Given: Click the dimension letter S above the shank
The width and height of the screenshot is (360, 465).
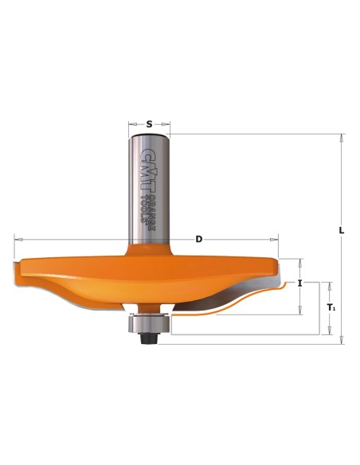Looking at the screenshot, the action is coord(150,124).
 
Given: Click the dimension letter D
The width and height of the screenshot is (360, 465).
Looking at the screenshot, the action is coord(198,239).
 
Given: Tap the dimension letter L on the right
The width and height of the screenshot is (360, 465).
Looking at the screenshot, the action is coord(342,230).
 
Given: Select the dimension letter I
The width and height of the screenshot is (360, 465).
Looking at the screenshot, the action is coord(300,283).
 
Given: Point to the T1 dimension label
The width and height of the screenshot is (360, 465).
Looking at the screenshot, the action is coord(331,307).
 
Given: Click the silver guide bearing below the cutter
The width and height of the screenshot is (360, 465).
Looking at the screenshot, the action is coord(149,323).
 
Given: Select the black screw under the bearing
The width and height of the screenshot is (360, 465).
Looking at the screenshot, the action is coord(149,338).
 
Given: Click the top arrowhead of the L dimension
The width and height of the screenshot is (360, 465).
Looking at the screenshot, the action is coord(342,137).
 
